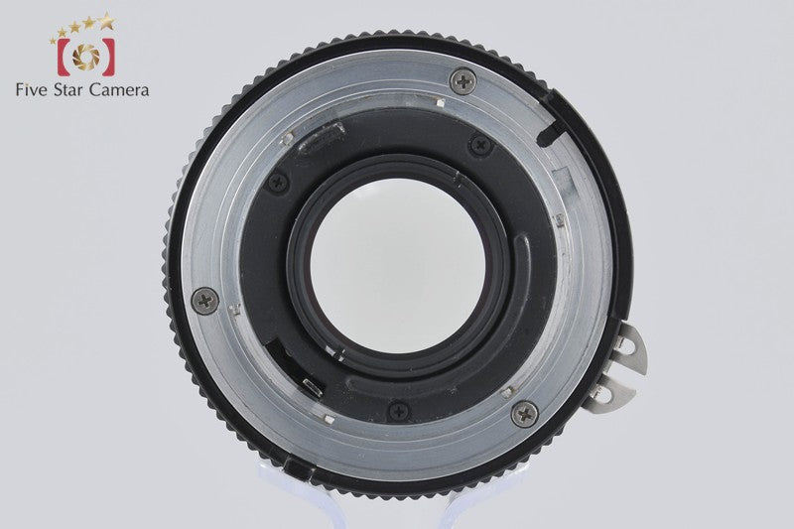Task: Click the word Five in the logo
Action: [32, 90]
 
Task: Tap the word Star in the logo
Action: [68, 90]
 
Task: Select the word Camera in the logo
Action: [119, 90]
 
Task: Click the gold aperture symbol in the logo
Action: [86, 57]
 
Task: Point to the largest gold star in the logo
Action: [107, 21]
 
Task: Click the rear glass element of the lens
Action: [398, 266]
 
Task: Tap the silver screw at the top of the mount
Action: [463, 80]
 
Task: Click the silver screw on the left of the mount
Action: [205, 301]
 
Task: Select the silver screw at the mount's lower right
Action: [525, 415]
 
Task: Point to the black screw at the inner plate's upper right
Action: [480, 146]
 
